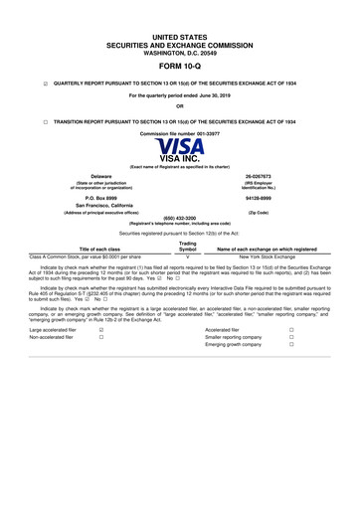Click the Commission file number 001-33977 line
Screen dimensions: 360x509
coord(180,133)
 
